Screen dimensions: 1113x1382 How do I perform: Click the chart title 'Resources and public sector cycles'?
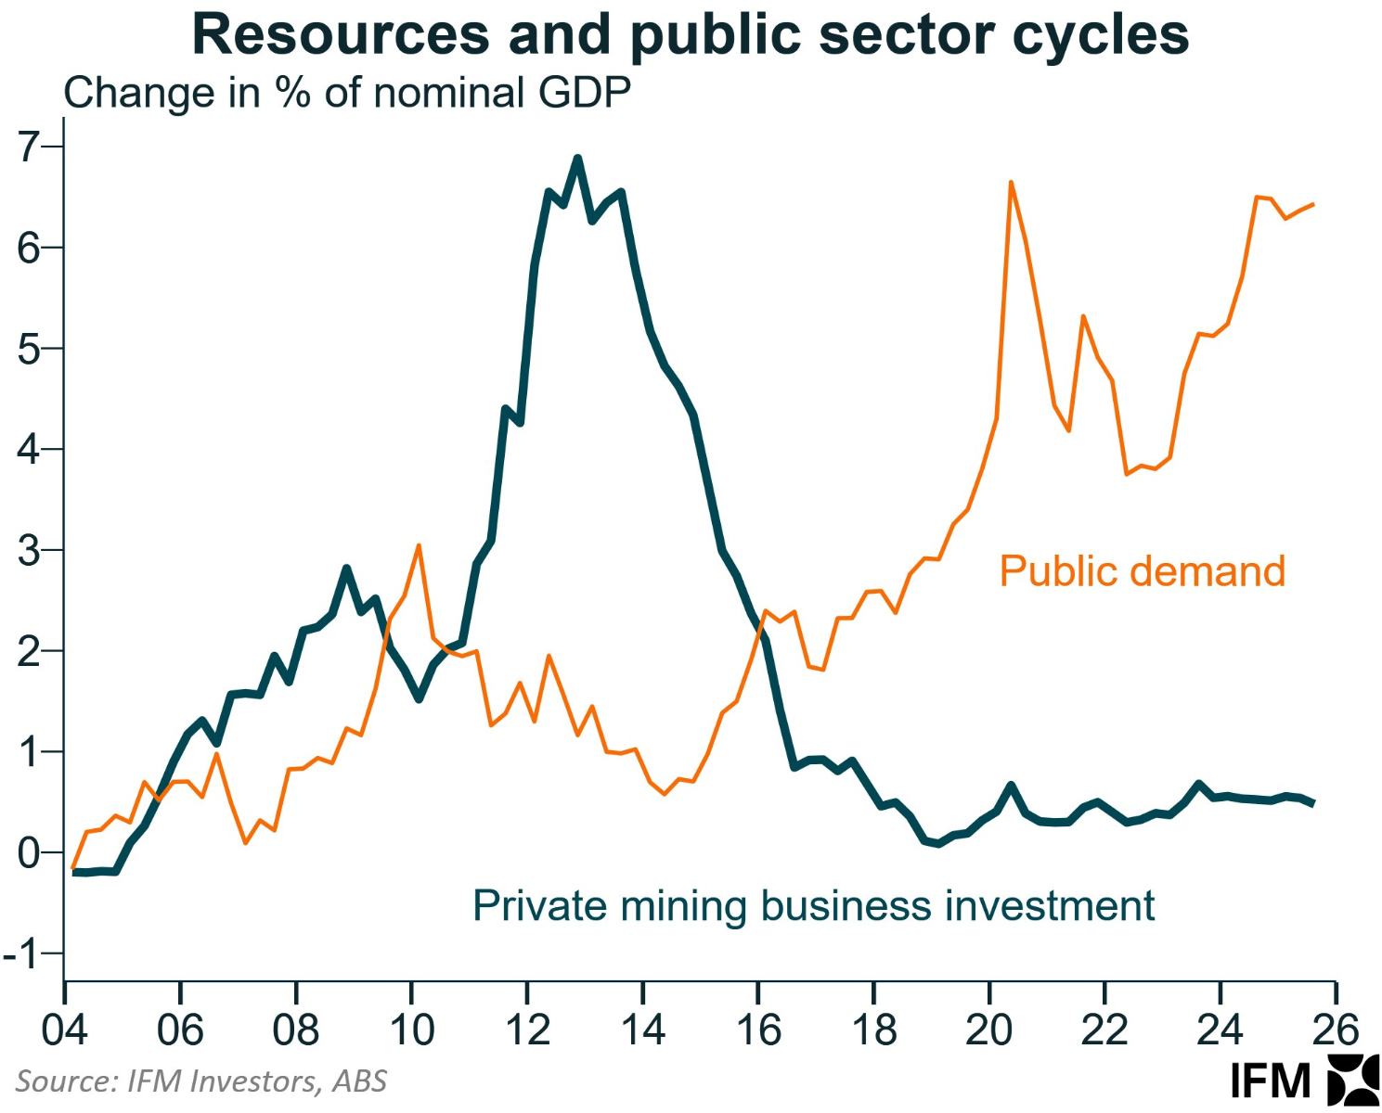click(x=690, y=35)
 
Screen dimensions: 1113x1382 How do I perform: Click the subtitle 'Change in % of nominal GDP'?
click(x=347, y=93)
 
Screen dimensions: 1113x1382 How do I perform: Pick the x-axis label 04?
click(x=64, y=1030)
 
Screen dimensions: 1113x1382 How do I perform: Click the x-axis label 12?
click(x=527, y=1030)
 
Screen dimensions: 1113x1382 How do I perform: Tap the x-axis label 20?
click(x=989, y=1030)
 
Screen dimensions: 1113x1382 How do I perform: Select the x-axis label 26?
click(x=1336, y=1030)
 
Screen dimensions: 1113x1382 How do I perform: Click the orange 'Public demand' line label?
click(x=1142, y=571)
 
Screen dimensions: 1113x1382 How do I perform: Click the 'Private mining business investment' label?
click(x=813, y=905)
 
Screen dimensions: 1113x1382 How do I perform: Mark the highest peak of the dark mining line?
click(x=577, y=159)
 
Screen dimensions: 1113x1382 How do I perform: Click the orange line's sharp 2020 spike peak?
click(x=1011, y=183)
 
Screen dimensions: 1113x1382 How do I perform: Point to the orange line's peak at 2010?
click(x=419, y=545)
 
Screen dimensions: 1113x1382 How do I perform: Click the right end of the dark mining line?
click(x=1312, y=803)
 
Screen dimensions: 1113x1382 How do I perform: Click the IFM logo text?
click(x=1270, y=1081)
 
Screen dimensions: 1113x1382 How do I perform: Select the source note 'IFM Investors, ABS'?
click(x=200, y=1081)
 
